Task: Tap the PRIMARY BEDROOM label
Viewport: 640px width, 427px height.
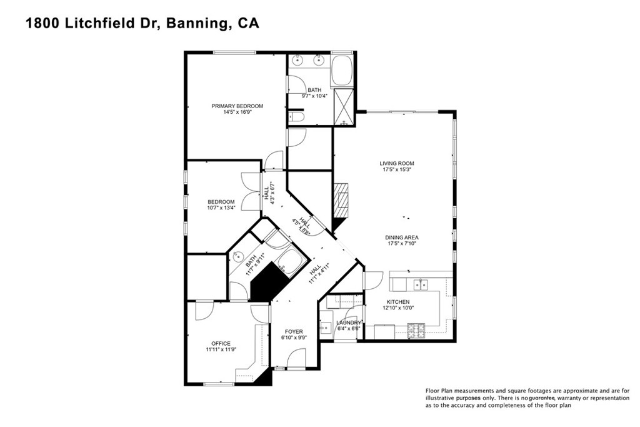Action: click(x=237, y=106)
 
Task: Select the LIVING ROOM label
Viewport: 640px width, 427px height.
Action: click(x=397, y=164)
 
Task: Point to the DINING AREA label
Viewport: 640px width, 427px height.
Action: click(x=401, y=238)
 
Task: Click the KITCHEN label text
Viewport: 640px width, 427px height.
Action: click(x=397, y=302)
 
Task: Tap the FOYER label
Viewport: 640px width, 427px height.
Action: click(x=293, y=332)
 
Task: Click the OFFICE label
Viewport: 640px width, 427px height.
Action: click(x=221, y=343)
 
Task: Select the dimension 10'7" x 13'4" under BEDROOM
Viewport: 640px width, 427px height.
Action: click(x=221, y=208)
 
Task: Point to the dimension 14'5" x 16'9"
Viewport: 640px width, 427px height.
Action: click(x=237, y=113)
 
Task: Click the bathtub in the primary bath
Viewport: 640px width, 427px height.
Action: click(x=342, y=71)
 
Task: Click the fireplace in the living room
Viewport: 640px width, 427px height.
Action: click(x=341, y=199)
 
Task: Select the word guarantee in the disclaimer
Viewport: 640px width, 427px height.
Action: click(x=537, y=398)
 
